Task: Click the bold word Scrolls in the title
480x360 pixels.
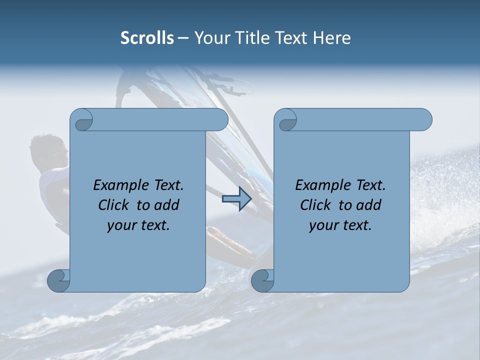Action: pos(147,38)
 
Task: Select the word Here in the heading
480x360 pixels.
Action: pos(332,38)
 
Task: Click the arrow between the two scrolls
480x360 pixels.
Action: pos(236,198)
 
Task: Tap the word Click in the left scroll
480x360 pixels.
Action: pos(115,205)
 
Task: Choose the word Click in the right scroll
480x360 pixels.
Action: pos(317,205)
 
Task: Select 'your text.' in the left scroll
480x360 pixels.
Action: pos(138,225)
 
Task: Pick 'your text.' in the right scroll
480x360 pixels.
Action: pos(340,225)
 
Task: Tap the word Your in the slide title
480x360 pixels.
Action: pos(209,38)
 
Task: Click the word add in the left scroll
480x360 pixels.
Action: pos(167,205)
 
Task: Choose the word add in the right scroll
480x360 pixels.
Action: pos(369,205)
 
